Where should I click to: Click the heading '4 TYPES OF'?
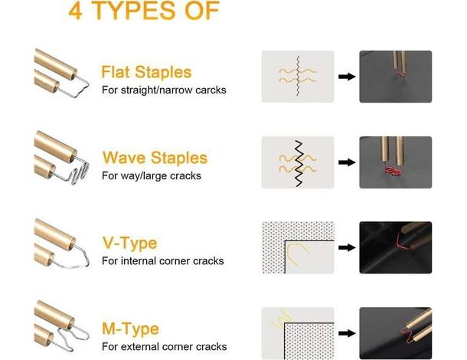tap(144, 11)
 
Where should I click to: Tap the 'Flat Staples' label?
tap(146, 72)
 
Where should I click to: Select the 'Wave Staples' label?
tap(155, 158)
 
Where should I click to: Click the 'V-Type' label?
tap(129, 243)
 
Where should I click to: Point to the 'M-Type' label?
tap(130, 329)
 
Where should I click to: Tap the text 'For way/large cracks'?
tap(152, 176)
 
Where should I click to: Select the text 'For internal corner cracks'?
tap(162, 261)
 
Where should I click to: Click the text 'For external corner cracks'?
tap(164, 346)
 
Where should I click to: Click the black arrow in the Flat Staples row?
tap(347, 77)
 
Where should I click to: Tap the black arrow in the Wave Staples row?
tap(347, 162)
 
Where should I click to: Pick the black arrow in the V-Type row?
tap(347, 247)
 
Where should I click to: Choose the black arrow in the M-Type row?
tap(347, 333)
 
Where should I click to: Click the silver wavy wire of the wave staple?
tap(78, 175)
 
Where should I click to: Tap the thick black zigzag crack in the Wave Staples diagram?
tap(299, 163)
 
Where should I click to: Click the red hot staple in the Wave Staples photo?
tap(393, 171)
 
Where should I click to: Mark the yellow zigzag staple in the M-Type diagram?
tap(280, 319)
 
